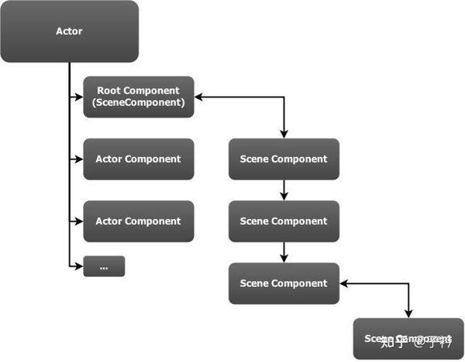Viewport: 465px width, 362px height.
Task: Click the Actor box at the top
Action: (69, 32)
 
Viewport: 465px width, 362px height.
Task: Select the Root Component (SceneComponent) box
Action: (139, 97)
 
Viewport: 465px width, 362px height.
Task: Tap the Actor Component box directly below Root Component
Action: (139, 159)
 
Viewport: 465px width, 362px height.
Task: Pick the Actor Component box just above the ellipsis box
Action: (139, 221)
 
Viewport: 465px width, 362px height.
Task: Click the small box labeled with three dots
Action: (104, 267)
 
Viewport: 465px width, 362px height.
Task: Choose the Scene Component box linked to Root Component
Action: (284, 159)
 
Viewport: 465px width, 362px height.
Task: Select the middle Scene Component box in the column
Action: (284, 221)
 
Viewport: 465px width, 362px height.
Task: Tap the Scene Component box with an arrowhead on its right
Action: (284, 283)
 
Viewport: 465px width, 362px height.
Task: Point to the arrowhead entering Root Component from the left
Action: (78, 97)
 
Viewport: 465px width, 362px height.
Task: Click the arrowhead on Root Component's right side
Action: (199, 97)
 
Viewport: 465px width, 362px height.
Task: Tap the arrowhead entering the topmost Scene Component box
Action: (284, 135)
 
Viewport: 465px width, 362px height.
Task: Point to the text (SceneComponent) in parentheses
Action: (139, 103)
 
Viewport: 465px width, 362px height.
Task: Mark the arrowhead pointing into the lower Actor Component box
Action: (78, 221)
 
